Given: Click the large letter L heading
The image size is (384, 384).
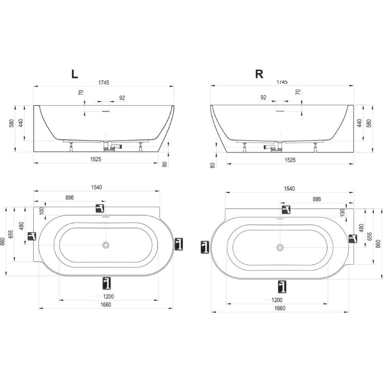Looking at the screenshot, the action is (x=75, y=74).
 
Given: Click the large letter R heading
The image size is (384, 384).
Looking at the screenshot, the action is (x=259, y=74).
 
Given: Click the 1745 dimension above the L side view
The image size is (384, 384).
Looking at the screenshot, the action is (x=104, y=83).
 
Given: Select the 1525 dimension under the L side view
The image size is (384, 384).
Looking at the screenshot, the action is (x=96, y=159).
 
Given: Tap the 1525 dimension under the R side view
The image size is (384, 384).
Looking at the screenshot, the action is (x=290, y=160).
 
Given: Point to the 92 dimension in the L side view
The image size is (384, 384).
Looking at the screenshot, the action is (x=122, y=98).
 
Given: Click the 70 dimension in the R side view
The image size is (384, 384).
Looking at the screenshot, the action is (x=298, y=92).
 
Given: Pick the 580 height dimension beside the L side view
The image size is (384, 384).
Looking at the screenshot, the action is (x=12, y=123).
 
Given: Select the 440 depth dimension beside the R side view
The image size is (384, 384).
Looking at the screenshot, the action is (x=359, y=123).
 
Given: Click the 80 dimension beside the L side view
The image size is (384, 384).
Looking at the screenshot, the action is (x=165, y=164).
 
